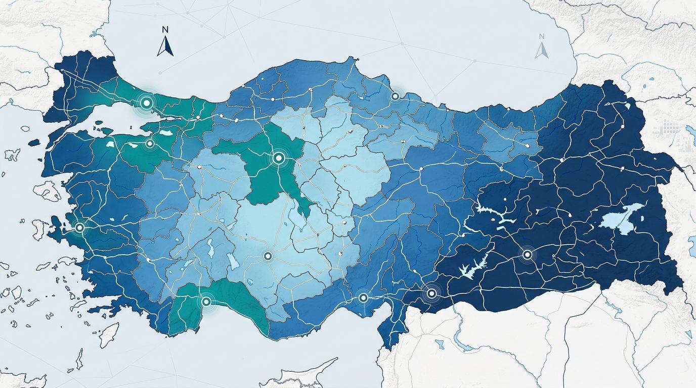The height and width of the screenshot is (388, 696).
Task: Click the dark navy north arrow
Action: tap(165, 46)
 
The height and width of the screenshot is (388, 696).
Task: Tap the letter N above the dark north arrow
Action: tap(165, 30)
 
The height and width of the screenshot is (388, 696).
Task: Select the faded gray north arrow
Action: tap(542, 50)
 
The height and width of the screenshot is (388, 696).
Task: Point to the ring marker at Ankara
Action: tap(278, 158)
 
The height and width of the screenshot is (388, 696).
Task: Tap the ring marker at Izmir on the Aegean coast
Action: tap(79, 227)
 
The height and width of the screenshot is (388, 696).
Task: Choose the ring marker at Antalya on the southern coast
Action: tap(206, 302)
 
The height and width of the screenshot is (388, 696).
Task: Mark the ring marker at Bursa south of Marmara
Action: tap(150, 143)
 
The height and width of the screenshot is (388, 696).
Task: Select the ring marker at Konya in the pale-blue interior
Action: tap(268, 256)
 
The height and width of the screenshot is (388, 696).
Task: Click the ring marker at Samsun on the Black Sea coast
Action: tap(395, 95)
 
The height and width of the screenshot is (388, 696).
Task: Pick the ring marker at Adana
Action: tap(363, 298)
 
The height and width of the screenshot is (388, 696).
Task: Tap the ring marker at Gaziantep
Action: tap(431, 293)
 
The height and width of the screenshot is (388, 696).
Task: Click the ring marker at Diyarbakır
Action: tap(528, 255)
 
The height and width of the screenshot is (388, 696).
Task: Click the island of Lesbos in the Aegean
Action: tap(49, 190)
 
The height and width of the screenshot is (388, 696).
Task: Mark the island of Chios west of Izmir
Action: tap(38, 229)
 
